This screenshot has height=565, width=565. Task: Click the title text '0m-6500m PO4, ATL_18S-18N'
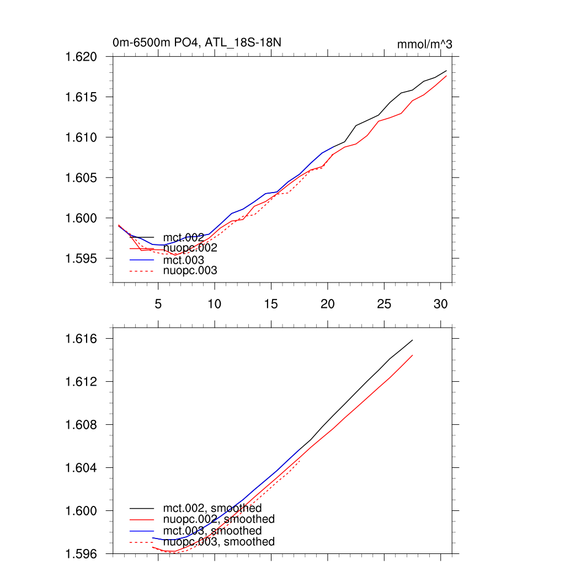click(200, 42)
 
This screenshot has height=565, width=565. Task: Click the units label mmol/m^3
click(424, 44)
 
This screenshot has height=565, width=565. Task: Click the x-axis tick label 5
click(158, 304)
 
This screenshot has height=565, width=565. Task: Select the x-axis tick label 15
click(271, 304)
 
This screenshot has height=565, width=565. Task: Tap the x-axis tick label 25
click(384, 304)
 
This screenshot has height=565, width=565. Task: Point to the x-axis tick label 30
click(440, 304)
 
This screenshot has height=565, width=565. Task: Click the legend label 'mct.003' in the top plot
click(184, 260)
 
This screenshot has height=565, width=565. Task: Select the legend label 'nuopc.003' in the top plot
click(190, 271)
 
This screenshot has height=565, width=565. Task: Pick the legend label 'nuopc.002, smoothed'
click(219, 519)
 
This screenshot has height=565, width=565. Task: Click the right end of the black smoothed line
click(412, 340)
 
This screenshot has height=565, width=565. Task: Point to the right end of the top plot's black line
click(446, 71)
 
